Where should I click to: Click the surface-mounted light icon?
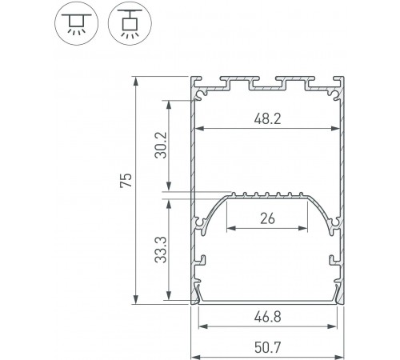77,22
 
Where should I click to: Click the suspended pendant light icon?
128,22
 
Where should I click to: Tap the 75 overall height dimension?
125,181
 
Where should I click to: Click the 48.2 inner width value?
266,118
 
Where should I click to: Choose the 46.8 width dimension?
266,317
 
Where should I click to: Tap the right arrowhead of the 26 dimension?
305,227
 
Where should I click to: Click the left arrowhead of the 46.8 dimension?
201,326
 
